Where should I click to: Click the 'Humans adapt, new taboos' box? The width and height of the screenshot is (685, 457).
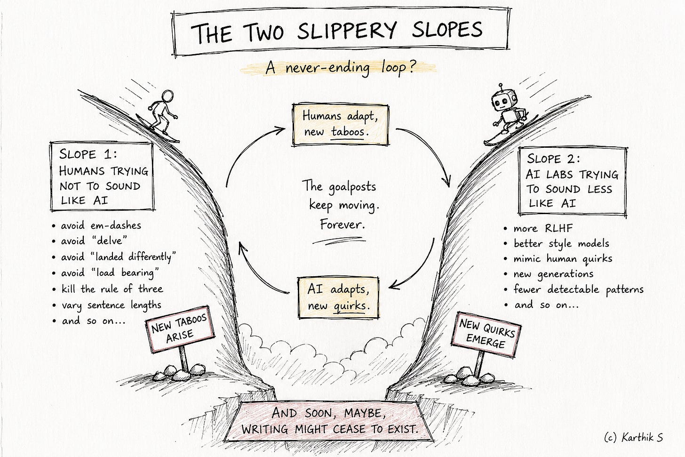[340, 125]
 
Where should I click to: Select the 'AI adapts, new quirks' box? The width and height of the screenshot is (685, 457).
[338, 297]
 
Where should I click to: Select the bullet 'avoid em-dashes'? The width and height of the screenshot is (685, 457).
[97, 226]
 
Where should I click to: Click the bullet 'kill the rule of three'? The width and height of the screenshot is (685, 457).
[108, 289]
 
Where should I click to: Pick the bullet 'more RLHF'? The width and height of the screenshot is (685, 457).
[538, 228]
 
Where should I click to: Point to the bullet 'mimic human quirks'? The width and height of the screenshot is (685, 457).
[558, 259]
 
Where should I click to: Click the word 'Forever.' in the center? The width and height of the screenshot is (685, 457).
[342, 224]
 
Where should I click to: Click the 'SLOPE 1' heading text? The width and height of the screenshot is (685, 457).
[88, 154]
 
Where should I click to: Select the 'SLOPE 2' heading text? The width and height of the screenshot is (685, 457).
[553, 159]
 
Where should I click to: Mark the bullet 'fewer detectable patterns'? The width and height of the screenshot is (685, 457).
[573, 289]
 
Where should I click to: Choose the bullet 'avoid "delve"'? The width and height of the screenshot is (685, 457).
[89, 241]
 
